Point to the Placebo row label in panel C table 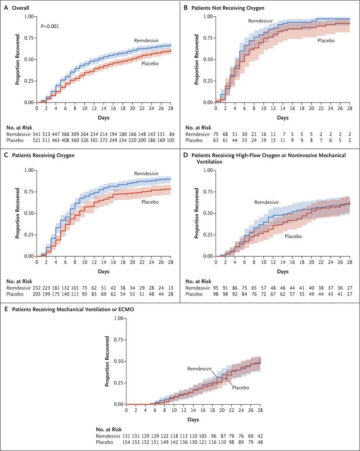tap(16, 294)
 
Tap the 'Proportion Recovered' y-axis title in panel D tap(197, 213)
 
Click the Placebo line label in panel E tap(241, 387)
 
